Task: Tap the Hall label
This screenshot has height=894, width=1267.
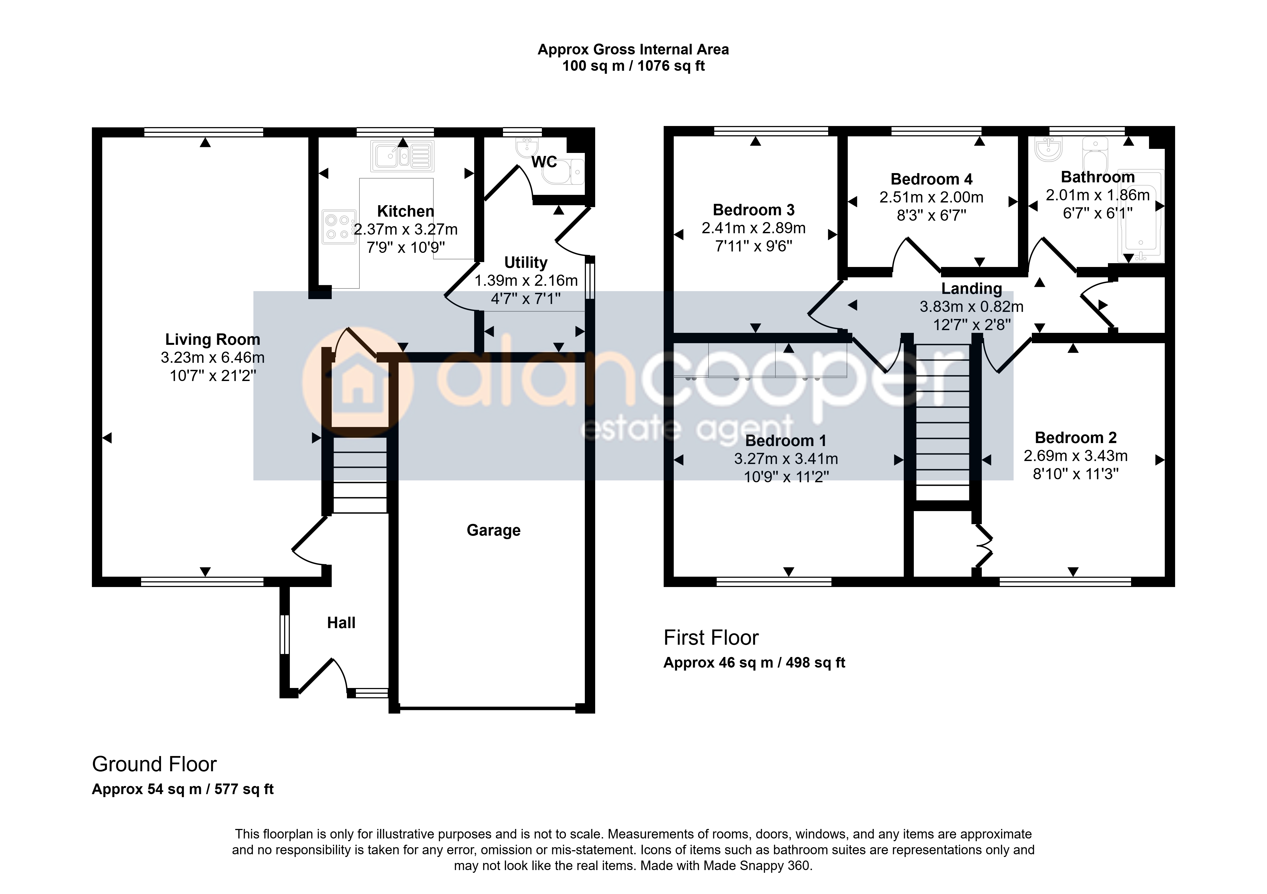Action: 341,623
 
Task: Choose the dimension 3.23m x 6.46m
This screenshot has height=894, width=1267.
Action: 212,358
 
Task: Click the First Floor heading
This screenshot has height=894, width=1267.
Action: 711,638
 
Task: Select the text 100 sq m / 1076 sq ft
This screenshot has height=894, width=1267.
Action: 633,66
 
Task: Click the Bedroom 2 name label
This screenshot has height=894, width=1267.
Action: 1076,438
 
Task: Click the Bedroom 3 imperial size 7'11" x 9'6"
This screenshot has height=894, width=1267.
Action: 754,246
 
